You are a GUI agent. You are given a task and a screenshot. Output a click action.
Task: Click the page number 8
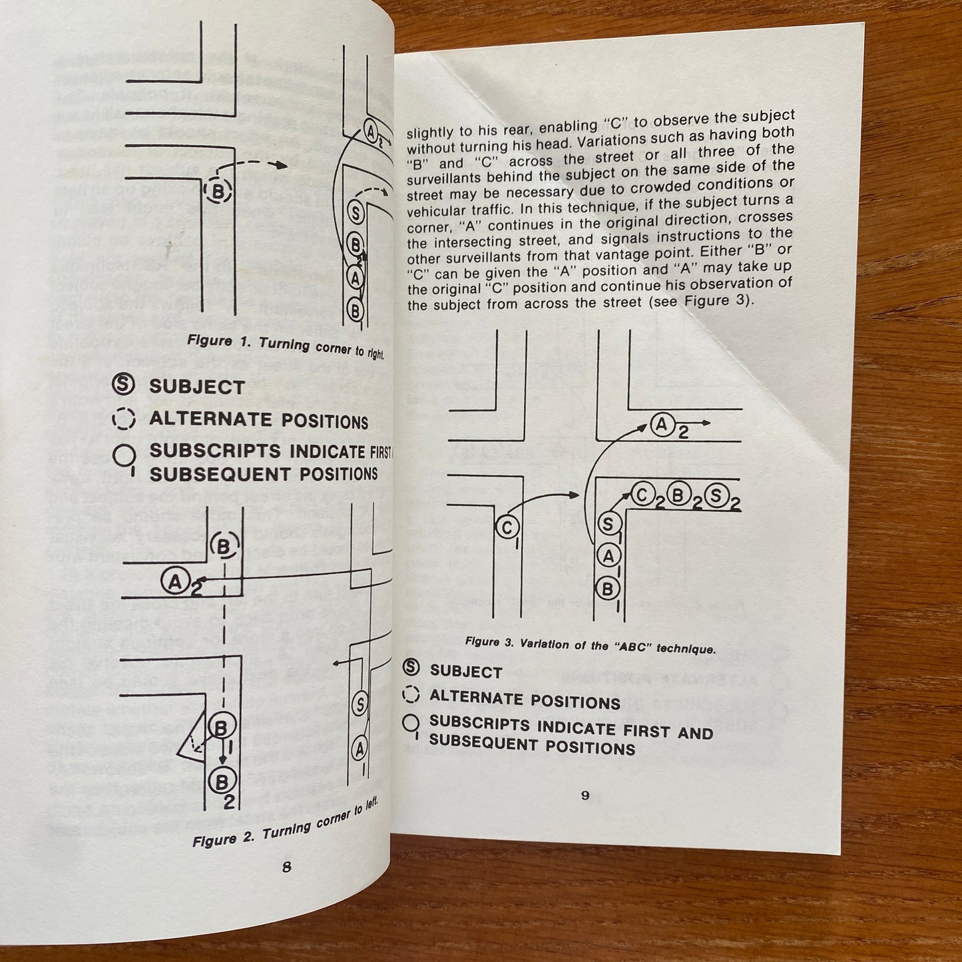287,867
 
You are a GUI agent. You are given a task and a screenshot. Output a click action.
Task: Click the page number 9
585,796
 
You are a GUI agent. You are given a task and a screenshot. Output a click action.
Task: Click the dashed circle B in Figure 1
218,192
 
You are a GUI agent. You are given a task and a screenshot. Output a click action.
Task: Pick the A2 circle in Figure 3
662,424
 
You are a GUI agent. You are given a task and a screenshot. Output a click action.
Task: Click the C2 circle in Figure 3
643,493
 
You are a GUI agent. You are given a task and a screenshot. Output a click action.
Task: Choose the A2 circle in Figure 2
174,582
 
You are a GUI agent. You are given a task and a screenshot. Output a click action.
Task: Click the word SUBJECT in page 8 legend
197,387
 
